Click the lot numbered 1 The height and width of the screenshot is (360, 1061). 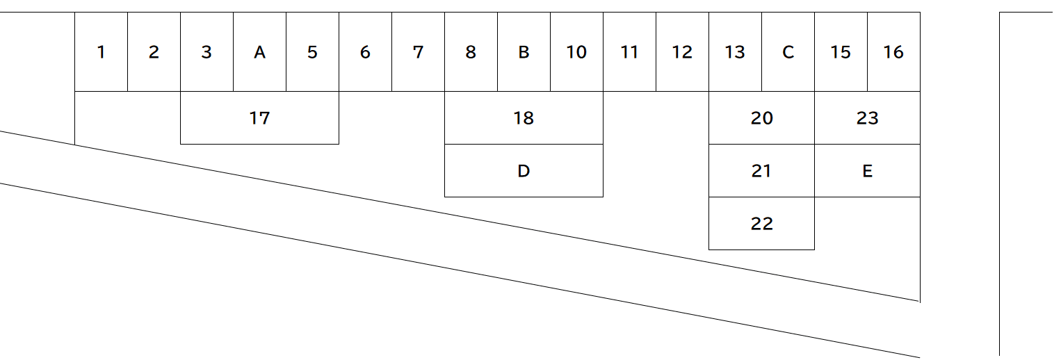(101, 51)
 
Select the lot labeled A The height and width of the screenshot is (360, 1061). (259, 51)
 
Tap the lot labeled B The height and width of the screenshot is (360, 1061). (524, 51)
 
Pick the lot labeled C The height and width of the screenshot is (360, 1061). (788, 51)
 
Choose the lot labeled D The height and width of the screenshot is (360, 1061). (524, 170)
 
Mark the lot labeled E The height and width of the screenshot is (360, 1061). (867, 170)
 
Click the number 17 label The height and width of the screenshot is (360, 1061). (259, 118)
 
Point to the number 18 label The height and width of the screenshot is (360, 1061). (524, 118)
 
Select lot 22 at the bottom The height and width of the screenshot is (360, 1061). (761, 224)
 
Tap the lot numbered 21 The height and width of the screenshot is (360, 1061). (761, 170)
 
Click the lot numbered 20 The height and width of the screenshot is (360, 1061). (761, 118)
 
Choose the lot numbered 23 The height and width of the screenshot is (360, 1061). (867, 118)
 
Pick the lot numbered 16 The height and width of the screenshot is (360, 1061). (894, 51)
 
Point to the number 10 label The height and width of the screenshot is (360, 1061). (576, 52)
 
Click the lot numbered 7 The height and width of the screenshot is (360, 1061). (419, 51)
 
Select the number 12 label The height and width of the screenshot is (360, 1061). (682, 52)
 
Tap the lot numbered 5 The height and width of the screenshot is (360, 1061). (313, 51)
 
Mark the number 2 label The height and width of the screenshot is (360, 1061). (154, 52)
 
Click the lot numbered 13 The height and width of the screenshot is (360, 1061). (735, 51)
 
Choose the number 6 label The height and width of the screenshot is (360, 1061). (365, 52)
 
